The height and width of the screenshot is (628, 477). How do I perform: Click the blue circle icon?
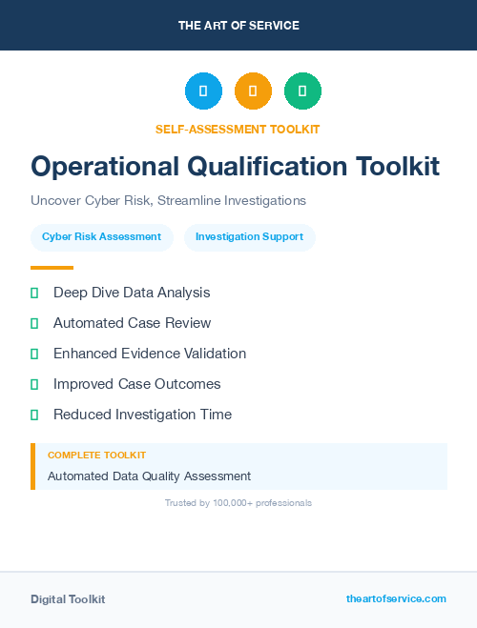[203, 91]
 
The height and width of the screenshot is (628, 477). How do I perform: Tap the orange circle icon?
[253, 91]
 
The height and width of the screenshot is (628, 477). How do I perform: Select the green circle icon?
[302, 91]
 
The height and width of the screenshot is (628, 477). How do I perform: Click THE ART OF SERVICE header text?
[238, 25]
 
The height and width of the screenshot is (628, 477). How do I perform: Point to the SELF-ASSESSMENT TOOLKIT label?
[238, 129]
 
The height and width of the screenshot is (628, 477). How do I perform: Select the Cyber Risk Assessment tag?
[102, 236]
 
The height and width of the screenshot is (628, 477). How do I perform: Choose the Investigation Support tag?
[249, 236]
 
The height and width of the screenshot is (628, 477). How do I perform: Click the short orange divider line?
[52, 267]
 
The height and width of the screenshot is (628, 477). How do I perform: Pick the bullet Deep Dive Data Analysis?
[132, 293]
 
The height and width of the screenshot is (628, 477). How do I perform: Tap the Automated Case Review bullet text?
[132, 323]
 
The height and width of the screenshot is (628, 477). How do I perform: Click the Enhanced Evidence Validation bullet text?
[150, 354]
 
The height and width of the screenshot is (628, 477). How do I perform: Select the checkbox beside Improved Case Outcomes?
[34, 384]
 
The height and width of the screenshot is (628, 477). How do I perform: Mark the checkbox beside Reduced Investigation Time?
[34, 415]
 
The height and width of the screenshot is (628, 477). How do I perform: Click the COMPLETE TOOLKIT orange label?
[96, 456]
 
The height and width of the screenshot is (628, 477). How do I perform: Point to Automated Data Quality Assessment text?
[149, 476]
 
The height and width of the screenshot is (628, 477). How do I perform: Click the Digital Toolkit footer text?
[68, 598]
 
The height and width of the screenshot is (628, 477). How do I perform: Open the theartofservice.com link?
[396, 598]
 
